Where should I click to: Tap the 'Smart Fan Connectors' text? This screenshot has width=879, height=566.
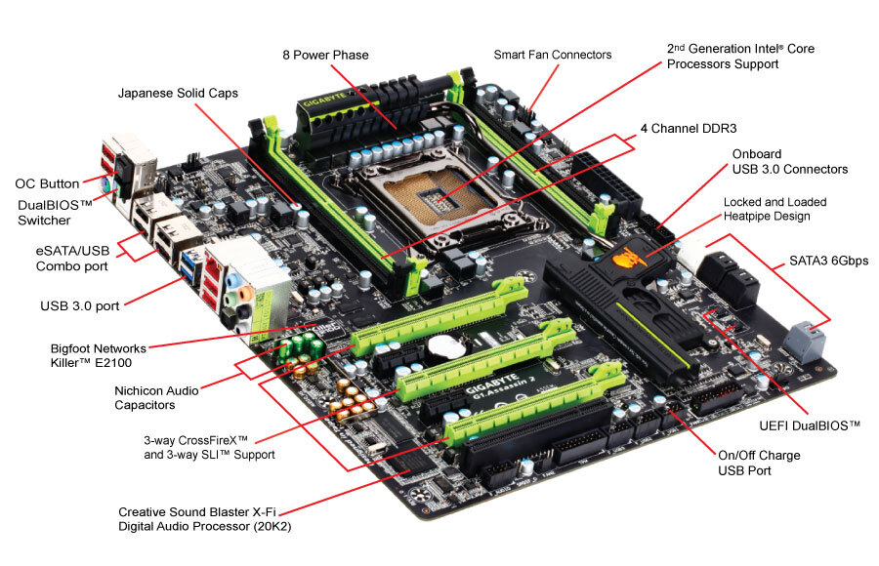tap(552, 55)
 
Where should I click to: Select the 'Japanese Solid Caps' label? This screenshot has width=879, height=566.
tap(178, 94)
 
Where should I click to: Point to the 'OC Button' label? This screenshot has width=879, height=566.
tap(47, 183)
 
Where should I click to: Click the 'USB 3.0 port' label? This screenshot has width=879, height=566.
tap(80, 305)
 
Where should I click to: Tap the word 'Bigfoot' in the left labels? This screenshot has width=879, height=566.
tap(74, 346)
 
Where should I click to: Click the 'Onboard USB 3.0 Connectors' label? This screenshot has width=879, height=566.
tap(789, 161)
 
